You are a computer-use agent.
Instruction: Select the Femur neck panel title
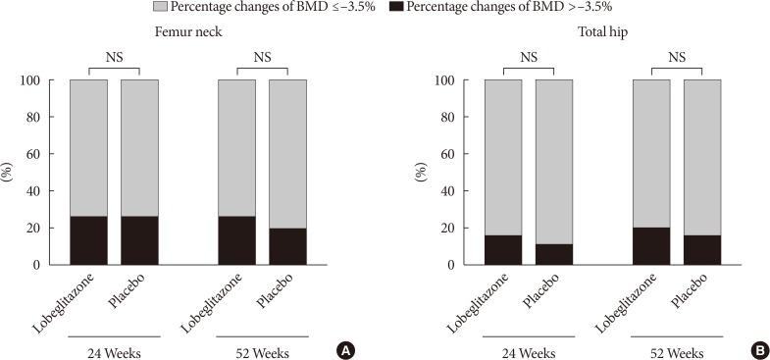pyautogui.click(x=186, y=31)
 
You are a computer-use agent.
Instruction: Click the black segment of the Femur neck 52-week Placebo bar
pyautogui.click(x=287, y=246)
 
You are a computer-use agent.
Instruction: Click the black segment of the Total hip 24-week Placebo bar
pyautogui.click(x=554, y=254)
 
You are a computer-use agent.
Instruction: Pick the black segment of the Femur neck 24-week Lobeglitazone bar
pyautogui.click(x=89, y=240)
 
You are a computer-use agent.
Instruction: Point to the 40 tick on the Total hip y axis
pyautogui.click(x=457, y=191)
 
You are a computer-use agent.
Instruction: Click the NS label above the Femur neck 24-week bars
pyautogui.click(x=114, y=57)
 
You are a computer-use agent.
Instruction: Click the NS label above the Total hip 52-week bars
pyautogui.click(x=677, y=57)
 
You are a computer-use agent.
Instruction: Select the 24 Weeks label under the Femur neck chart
pyautogui.click(x=114, y=350)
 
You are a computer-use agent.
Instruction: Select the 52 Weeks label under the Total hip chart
pyautogui.click(x=677, y=350)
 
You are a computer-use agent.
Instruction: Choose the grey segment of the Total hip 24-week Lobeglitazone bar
pyautogui.click(x=503, y=157)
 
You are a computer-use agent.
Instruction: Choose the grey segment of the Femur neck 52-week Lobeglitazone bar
pyautogui.click(x=236, y=147)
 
